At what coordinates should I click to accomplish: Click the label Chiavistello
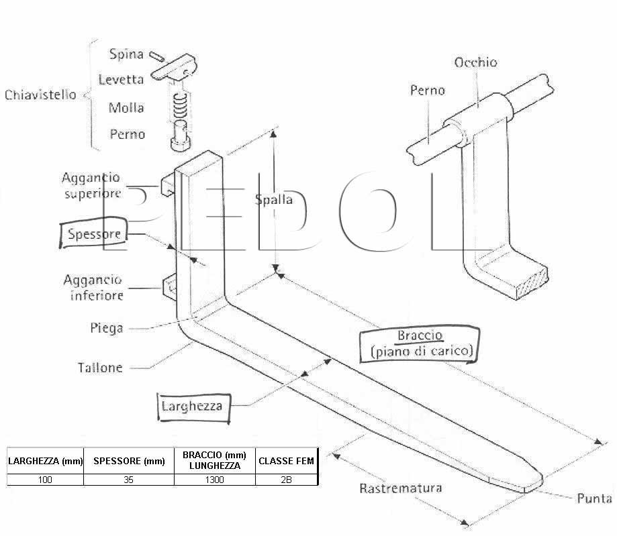(x=40, y=95)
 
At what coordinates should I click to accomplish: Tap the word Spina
(x=126, y=54)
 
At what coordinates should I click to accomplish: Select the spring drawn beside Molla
(x=180, y=106)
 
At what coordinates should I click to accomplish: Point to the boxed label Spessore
(x=93, y=233)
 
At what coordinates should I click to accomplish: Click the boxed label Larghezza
(x=193, y=407)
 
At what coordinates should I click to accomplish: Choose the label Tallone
(x=100, y=368)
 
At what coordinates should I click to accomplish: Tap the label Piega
(x=106, y=328)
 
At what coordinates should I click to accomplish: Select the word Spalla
(x=274, y=200)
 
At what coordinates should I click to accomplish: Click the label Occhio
(x=475, y=62)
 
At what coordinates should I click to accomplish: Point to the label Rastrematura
(x=401, y=488)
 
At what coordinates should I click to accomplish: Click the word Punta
(x=594, y=498)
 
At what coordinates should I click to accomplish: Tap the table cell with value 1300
(x=214, y=480)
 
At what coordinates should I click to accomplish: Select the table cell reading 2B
(x=287, y=480)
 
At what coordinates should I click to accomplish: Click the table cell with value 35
(x=129, y=480)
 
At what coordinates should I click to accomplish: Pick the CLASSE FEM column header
(x=287, y=461)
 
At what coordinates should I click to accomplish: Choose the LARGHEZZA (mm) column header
(x=45, y=461)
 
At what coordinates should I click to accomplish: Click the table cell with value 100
(x=45, y=480)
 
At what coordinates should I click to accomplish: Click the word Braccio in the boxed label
(x=420, y=335)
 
